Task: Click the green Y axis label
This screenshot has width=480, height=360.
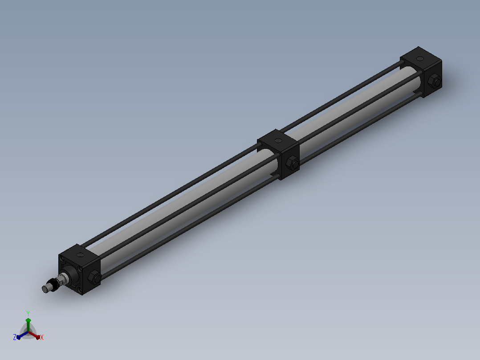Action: (28, 313)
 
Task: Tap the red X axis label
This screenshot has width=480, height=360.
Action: (42, 337)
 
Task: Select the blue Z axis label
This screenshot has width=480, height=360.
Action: (14, 337)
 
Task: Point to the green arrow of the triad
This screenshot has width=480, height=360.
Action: (28, 324)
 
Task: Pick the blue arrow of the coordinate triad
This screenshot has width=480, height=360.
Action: (22, 335)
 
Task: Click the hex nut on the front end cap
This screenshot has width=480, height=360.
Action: (94, 277)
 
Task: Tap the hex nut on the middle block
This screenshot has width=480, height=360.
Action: (293, 163)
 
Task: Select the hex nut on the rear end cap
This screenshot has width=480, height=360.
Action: (435, 81)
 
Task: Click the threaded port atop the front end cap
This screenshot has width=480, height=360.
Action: (81, 254)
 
